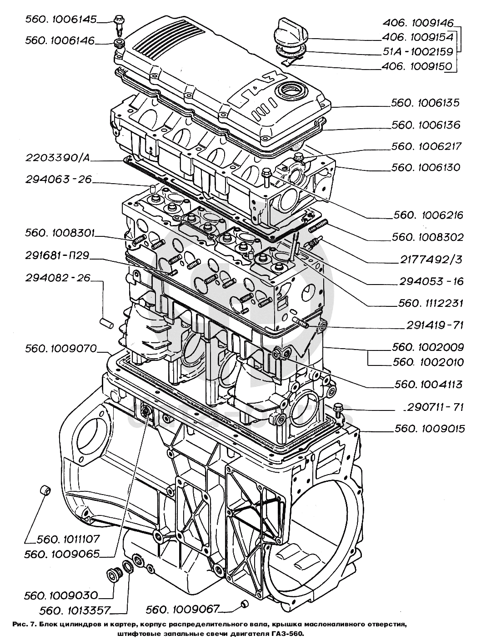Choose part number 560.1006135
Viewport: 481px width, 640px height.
(x=425, y=104)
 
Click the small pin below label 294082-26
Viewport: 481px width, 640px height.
(x=106, y=322)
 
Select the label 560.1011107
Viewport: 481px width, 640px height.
(x=68, y=540)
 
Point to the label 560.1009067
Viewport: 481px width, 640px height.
(x=183, y=609)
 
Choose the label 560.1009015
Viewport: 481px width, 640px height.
(x=430, y=429)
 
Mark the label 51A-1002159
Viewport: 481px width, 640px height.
(x=418, y=52)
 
